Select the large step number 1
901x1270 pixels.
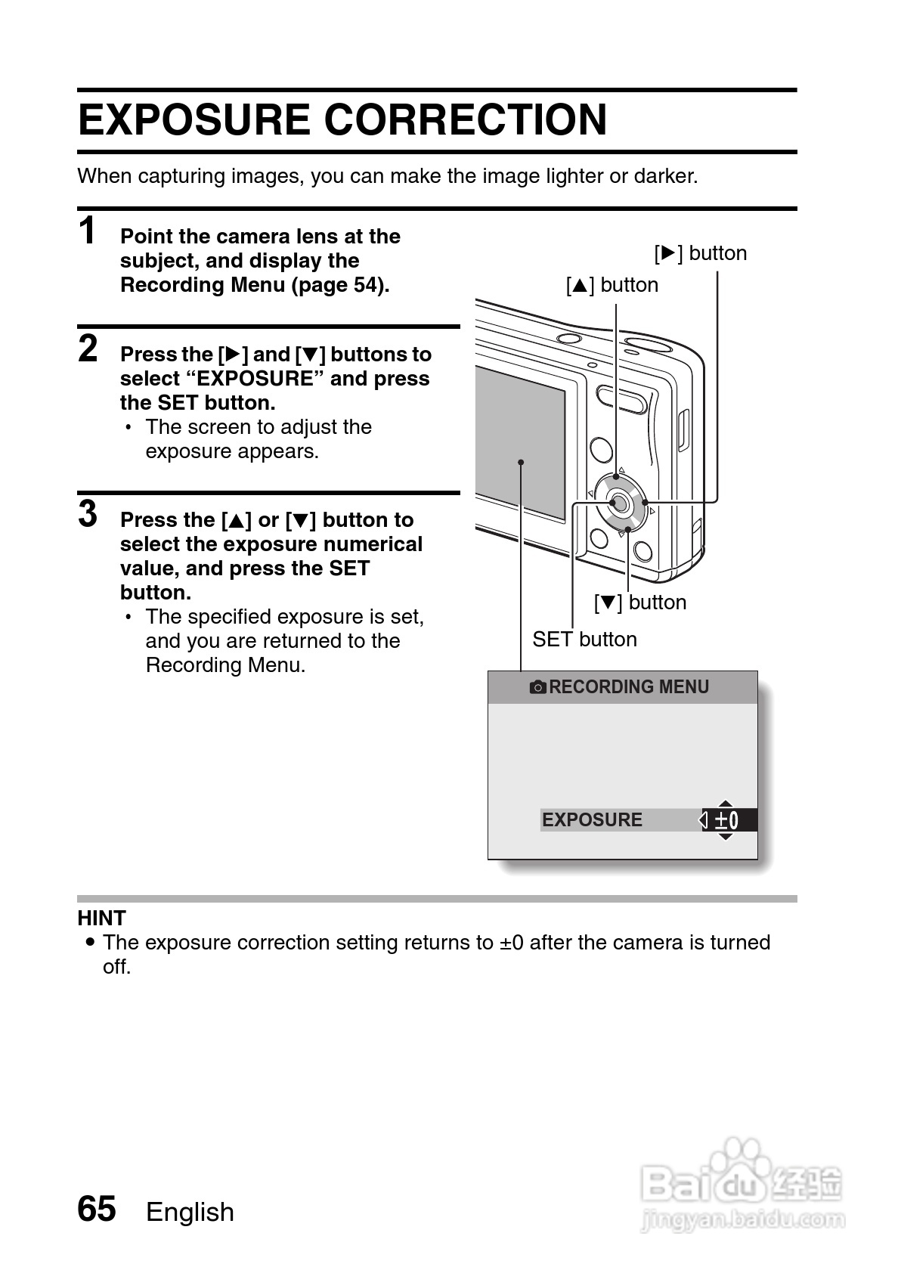[88, 231]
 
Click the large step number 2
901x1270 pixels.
[88, 349]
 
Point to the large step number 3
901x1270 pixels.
[88, 514]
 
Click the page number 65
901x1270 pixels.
[97, 1209]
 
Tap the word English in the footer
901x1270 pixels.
[190, 1212]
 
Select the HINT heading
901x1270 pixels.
[101, 918]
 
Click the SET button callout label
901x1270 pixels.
[584, 640]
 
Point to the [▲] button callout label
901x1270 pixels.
[612, 285]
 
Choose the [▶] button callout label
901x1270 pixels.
[701, 253]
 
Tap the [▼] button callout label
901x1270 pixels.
[640, 602]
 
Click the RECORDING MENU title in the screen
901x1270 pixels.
[629, 687]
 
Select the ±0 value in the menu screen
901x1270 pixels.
[726, 820]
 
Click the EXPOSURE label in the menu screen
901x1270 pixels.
[592, 820]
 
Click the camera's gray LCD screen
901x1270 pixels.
[520, 442]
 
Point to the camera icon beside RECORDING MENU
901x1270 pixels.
[537, 687]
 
